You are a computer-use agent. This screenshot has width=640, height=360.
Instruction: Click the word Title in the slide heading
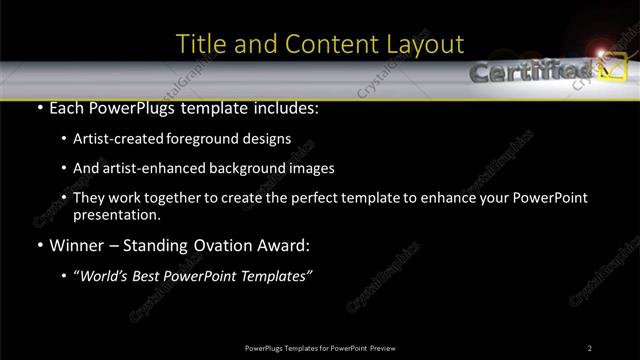click(x=199, y=44)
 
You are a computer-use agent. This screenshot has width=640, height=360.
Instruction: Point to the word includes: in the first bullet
click(x=287, y=107)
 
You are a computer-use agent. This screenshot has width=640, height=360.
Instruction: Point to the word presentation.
click(x=117, y=214)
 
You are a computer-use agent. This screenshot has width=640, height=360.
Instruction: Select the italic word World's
click(x=103, y=275)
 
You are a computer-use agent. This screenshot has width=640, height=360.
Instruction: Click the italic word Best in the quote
click(x=149, y=275)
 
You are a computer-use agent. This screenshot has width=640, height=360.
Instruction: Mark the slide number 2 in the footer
click(x=590, y=347)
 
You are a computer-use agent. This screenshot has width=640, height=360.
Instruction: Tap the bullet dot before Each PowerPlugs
click(x=38, y=108)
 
